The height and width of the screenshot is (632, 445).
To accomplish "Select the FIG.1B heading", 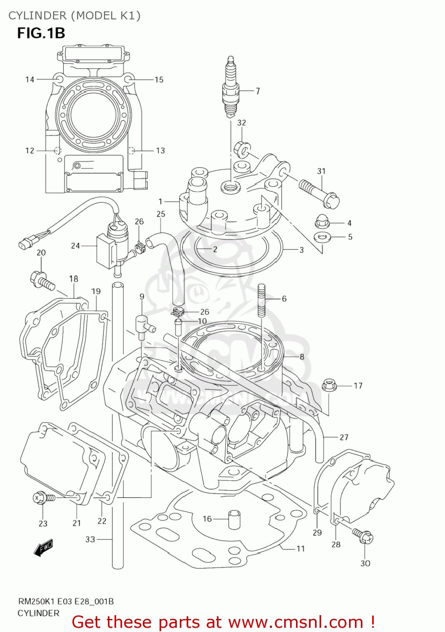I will pos(41,33).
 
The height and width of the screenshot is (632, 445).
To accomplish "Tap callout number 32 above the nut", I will pos(241,123).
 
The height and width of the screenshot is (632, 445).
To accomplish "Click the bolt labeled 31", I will pos(319,191).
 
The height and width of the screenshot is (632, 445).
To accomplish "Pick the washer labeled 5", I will pos(322,237).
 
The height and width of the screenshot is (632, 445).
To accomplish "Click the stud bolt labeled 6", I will pos(261,300).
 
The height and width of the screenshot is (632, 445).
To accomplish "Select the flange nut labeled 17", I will pos(329,385).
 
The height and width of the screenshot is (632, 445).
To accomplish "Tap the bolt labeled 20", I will pos(42,281).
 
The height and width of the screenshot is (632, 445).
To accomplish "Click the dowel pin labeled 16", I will pos(234,519).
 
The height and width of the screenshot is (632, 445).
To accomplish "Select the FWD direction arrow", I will pos(43,548).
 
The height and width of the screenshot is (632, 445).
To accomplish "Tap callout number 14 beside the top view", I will pos(29,79).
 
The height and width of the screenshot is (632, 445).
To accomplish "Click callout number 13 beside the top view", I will pos(160,150).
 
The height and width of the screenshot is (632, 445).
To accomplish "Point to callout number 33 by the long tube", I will pos(90,539).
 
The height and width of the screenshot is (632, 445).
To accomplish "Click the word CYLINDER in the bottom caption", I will pos(38,613).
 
